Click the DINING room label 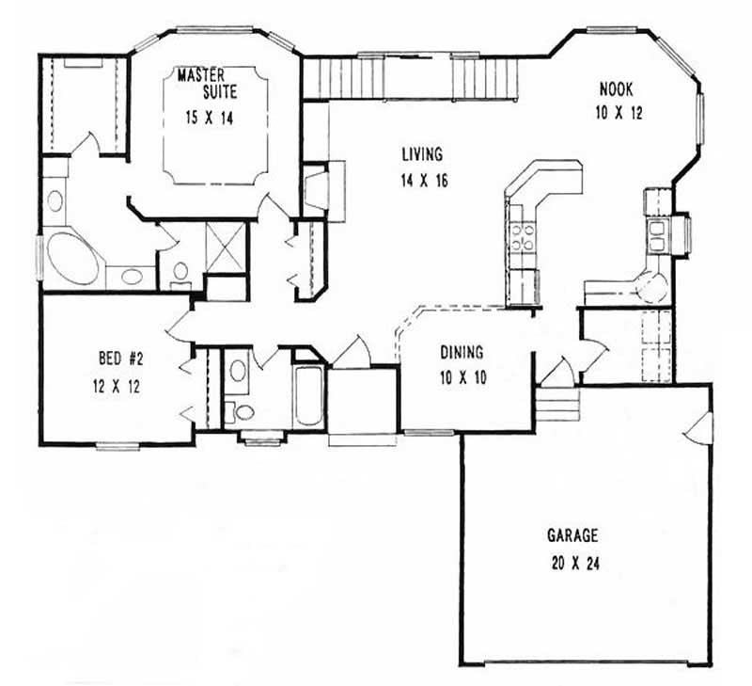click(462, 353)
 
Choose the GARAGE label click(572, 535)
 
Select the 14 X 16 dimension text click(420, 181)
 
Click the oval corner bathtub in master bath click(72, 257)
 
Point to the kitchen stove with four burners click(522, 234)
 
